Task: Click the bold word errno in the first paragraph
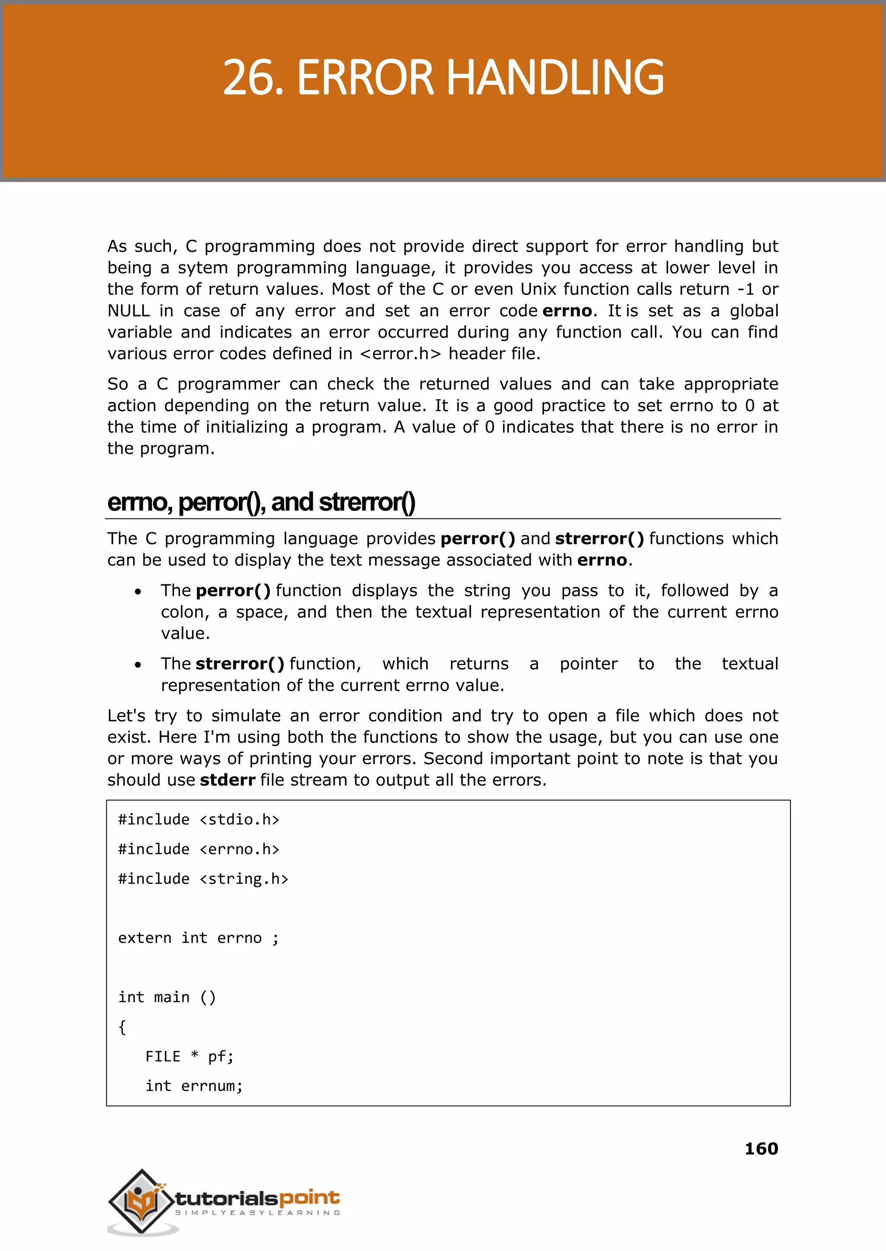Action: tap(567, 311)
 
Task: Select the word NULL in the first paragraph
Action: tap(128, 311)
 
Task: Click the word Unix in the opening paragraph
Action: tap(537, 289)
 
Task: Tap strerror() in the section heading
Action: tap(366, 502)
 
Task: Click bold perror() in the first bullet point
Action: tap(233, 590)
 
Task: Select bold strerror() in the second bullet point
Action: tap(240, 664)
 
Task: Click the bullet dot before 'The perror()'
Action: tap(138, 591)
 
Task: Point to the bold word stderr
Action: tap(228, 780)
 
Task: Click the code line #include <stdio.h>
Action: tap(199, 819)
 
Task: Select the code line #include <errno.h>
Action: tap(199, 849)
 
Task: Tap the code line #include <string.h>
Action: tap(203, 879)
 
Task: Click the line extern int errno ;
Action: tap(199, 938)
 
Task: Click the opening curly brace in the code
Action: tap(122, 1027)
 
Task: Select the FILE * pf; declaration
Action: tap(189, 1056)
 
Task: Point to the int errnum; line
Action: tap(194, 1086)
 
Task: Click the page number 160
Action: tap(761, 1149)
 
